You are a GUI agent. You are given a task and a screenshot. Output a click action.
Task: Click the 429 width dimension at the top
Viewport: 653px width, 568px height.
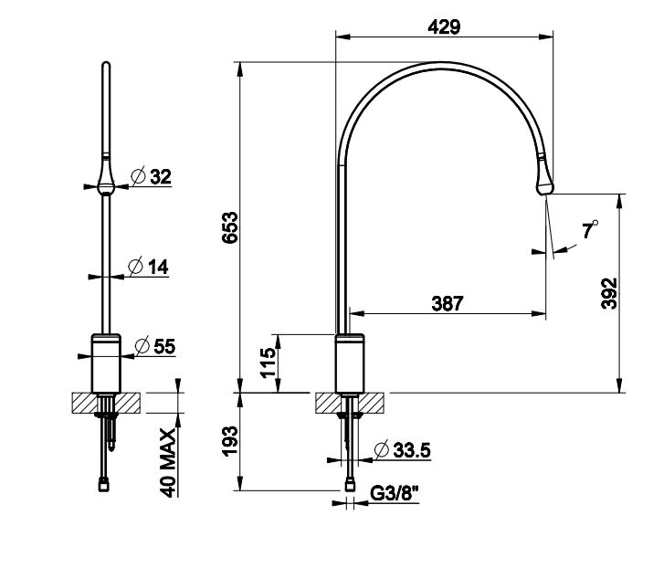pos(444,27)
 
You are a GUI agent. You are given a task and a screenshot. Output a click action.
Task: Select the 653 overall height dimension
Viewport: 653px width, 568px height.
pos(230,227)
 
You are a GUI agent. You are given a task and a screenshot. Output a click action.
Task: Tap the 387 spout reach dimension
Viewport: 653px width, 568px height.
pos(448,303)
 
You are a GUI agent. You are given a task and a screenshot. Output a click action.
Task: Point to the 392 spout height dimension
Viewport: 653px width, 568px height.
pos(609,293)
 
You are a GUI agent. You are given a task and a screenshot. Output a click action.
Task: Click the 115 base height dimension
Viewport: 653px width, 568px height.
pos(269,363)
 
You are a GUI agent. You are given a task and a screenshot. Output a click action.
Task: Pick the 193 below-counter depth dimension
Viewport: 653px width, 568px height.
pos(230,441)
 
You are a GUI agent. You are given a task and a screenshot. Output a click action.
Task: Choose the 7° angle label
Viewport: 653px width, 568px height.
pos(590,229)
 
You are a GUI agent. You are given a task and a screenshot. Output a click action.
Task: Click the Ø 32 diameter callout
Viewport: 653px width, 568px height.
pos(151,176)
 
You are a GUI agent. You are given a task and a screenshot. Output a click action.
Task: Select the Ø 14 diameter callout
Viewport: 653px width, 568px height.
pos(148,267)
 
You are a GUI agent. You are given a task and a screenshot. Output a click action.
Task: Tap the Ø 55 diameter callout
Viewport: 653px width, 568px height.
pos(155,346)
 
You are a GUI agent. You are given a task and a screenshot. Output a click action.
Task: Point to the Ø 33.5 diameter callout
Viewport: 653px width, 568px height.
pos(403,449)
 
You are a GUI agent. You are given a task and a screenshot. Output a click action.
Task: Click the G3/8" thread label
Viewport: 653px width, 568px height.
pos(394,494)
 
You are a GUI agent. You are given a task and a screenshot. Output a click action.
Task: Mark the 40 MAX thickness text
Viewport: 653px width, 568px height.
pos(168,463)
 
